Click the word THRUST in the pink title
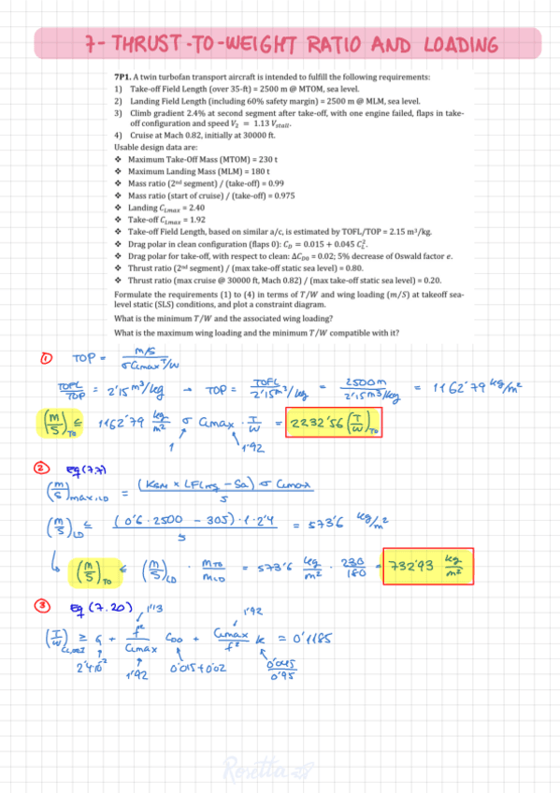click(x=152, y=44)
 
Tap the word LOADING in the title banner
click(x=448, y=44)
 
